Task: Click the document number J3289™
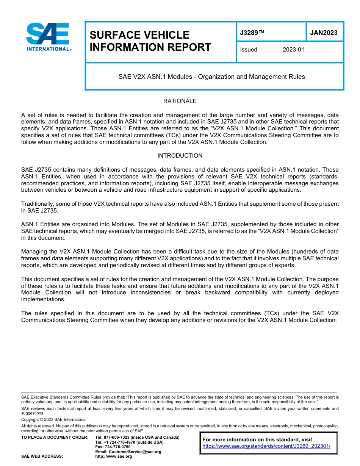tap(252, 33)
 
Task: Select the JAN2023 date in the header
tap(324, 33)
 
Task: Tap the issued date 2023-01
tap(293, 50)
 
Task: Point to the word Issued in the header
tap(249, 50)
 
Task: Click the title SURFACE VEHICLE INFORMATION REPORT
tap(150, 41)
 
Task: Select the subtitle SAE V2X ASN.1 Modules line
tap(211, 77)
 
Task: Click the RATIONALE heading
tap(180, 101)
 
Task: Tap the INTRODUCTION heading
tap(180, 156)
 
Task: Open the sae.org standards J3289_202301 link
tap(266, 446)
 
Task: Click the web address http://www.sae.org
tap(114, 457)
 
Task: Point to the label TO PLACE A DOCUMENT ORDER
tap(55, 437)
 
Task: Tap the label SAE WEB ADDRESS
tap(42, 457)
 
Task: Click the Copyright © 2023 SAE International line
tap(54, 419)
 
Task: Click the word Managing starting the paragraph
tap(33, 252)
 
